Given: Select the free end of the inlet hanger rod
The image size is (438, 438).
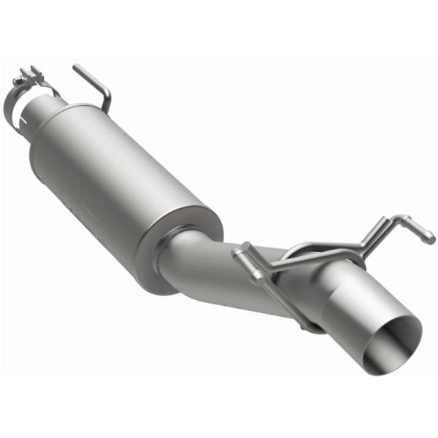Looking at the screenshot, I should [x=76, y=68].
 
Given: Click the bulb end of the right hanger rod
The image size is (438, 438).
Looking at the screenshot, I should [x=431, y=237].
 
